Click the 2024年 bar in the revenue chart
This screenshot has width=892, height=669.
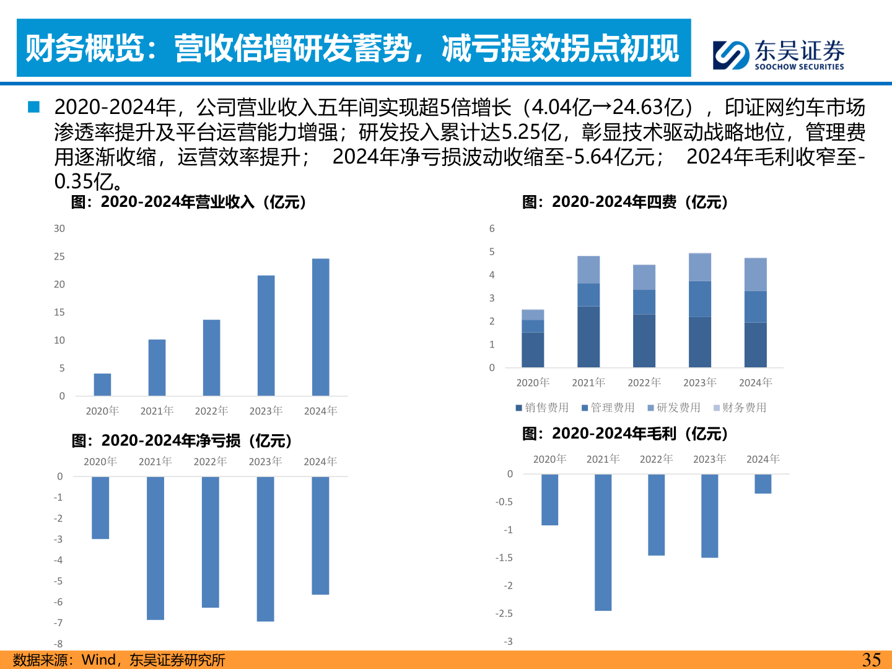pos(320,327)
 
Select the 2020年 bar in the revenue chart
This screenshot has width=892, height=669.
pos(102,385)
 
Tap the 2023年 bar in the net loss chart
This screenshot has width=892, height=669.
pos(265,549)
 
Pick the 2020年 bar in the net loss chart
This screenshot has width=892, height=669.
pos(100,507)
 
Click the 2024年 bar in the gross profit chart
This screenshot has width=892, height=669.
pos(763,484)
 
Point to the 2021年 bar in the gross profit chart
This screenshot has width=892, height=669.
pos(603,542)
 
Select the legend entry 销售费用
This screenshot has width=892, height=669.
pos(542,408)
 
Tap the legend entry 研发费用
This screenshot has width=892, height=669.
pos(674,408)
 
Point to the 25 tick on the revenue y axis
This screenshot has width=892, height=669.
pos(59,256)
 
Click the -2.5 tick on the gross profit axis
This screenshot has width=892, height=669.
pos(504,613)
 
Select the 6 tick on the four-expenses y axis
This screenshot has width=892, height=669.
pos(492,229)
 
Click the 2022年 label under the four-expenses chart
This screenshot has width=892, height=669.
pos(644,383)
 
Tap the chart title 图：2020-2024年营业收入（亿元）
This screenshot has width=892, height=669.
pos(189,202)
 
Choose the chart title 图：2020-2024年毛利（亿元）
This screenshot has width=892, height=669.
pos(625,434)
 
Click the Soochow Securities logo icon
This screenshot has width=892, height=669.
pos(731,55)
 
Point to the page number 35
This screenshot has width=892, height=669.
pos(871,660)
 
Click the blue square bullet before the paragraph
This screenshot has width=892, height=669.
pos(33,107)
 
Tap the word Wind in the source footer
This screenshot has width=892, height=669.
pos(98,660)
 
